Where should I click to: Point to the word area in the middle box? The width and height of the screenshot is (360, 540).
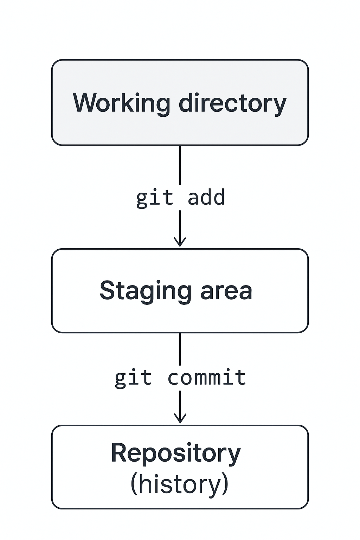pos(226,291)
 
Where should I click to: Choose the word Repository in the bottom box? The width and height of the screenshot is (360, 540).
pos(176,453)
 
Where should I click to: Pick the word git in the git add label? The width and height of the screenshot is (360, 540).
pos(155,198)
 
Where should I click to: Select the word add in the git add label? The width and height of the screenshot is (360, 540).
pos(206,197)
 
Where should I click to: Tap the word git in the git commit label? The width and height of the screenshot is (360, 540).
pos(133,378)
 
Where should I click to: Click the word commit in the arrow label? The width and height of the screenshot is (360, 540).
pos(207,378)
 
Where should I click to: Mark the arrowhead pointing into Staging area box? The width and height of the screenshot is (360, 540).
pos(180,243)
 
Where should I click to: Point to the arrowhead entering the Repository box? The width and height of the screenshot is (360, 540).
pos(180,419)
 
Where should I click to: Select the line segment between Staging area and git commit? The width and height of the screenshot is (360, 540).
pos(180,349)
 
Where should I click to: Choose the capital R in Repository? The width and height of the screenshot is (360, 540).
pos(118,453)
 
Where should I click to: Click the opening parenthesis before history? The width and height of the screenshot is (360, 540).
pos(134,484)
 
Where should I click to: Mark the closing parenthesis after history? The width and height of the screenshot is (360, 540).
pos(225,484)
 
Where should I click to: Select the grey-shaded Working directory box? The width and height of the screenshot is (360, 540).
pos(180,130)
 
